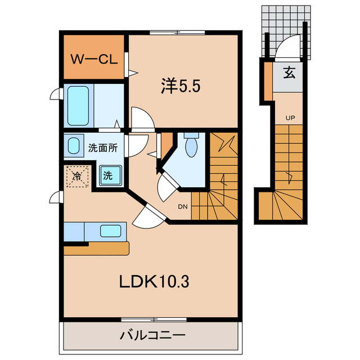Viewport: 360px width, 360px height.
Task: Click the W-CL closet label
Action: point(94,59)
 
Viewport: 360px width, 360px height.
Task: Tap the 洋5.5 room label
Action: point(181,86)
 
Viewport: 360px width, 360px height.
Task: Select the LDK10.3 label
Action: point(154,282)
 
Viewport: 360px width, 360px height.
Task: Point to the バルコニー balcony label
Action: point(152,335)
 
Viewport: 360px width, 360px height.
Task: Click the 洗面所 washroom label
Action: point(103,148)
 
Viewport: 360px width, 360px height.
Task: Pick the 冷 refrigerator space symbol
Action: point(77,177)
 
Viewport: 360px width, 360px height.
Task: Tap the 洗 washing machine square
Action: point(110,175)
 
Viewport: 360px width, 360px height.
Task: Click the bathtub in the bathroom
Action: point(78,106)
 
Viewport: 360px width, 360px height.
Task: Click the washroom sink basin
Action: point(74,146)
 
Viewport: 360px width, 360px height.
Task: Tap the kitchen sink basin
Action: point(110,231)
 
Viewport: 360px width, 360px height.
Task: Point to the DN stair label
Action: point(183,206)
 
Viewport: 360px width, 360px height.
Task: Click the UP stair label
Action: point(290,118)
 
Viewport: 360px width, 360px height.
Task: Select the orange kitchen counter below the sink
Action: point(96,248)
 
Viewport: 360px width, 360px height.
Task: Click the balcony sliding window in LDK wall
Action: point(154,319)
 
